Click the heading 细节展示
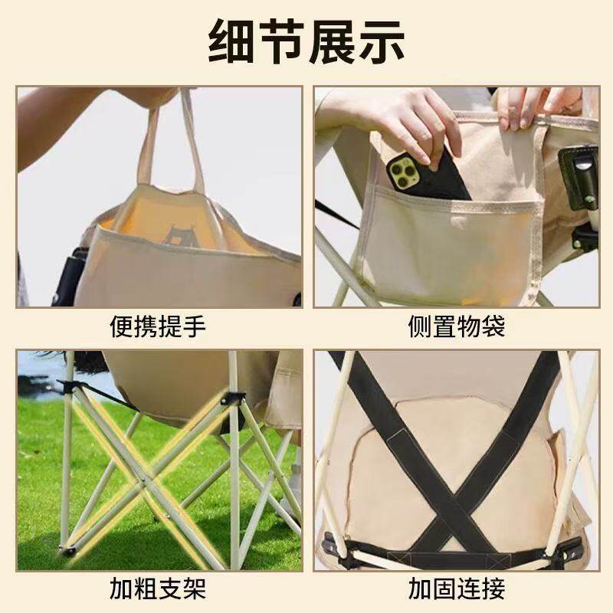tap(306, 41)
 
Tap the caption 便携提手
tap(159, 327)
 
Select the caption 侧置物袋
tap(456, 327)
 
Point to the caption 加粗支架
tap(159, 590)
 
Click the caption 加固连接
tap(456, 590)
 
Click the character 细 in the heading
tap(234, 41)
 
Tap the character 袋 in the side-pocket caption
tap(493, 327)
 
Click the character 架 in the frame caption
tap(195, 590)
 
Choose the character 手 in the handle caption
tap(195, 327)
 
